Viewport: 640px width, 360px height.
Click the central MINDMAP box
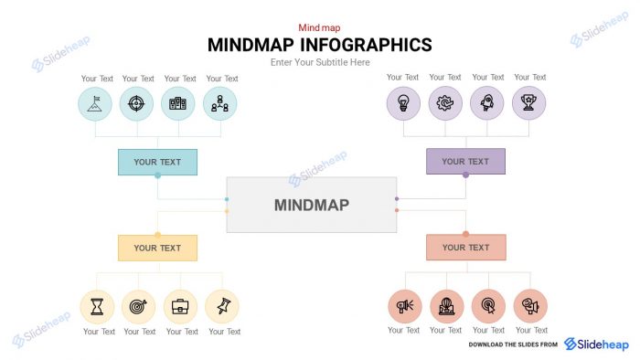click(x=311, y=205)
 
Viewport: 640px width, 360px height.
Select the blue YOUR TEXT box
click(x=157, y=162)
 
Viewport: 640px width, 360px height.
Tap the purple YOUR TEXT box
click(x=465, y=162)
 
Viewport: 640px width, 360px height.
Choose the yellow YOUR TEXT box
click(x=157, y=248)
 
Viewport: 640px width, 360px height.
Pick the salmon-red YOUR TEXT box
click(x=465, y=248)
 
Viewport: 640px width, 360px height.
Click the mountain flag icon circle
click(x=95, y=104)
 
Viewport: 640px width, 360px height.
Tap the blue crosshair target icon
click(x=136, y=104)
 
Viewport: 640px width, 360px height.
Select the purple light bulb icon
click(x=403, y=103)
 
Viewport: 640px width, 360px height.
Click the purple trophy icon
click(x=528, y=103)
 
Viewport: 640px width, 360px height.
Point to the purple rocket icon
click(x=487, y=103)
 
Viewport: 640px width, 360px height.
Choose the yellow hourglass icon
click(x=97, y=307)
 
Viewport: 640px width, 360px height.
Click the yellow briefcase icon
click(x=180, y=307)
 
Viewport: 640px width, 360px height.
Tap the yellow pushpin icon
click(x=222, y=307)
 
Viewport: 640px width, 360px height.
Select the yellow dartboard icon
click(x=138, y=307)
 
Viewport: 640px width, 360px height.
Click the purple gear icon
click(x=445, y=103)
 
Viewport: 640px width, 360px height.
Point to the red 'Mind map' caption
click(x=319, y=28)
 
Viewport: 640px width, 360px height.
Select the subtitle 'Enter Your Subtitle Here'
click(x=320, y=62)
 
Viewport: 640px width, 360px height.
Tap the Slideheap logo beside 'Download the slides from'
click(x=596, y=344)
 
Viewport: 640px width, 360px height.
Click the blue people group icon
click(x=219, y=104)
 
